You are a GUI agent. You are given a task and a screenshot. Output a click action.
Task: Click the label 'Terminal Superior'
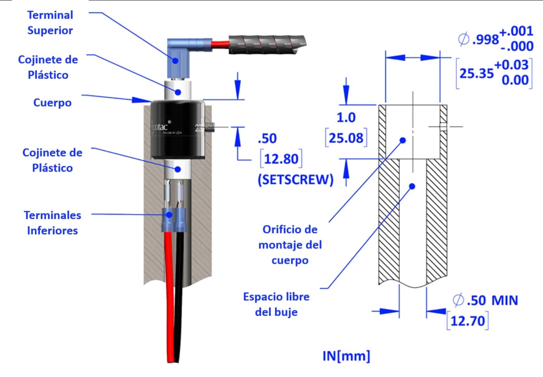pyautogui.click(x=50, y=23)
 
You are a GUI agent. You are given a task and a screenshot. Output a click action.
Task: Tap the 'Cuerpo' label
pyautogui.click(x=52, y=103)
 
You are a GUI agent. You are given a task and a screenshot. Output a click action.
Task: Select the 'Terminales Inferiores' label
pyautogui.click(x=52, y=223)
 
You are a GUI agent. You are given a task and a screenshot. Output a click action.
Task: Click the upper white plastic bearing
pyautogui.click(x=178, y=90)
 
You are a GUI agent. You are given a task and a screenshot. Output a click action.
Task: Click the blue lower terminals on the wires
pyautogui.click(x=174, y=218)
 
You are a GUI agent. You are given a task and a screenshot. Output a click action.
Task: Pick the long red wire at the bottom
pyautogui.click(x=171, y=308)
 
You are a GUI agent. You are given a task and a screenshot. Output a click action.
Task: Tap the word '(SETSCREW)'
pyautogui.click(x=295, y=180)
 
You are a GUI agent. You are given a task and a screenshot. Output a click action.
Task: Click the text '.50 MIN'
pyautogui.click(x=492, y=300)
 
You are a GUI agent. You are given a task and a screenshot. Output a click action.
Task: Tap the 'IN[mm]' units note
pyautogui.click(x=346, y=356)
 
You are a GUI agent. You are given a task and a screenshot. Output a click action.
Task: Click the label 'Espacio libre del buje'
pyautogui.click(x=276, y=304)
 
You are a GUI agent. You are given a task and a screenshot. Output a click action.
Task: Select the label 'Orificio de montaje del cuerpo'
pyautogui.click(x=290, y=245)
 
